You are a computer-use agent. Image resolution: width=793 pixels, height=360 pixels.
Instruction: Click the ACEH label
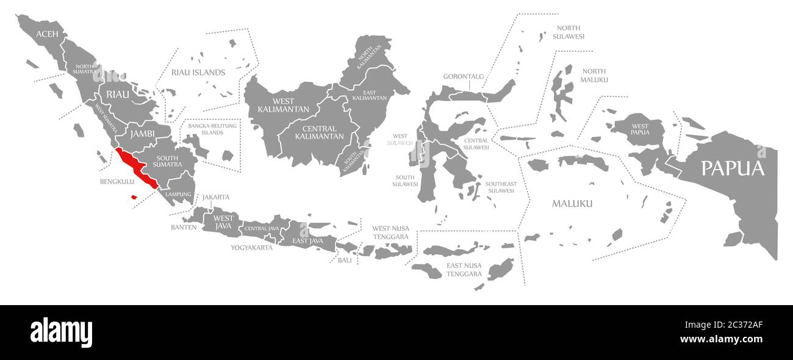[47, 34]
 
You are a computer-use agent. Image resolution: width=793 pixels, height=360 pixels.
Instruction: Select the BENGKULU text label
[117, 182]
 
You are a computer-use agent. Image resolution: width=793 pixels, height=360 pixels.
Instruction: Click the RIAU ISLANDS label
[198, 73]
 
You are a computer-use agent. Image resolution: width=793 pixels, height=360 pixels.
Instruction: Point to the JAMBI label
[142, 133]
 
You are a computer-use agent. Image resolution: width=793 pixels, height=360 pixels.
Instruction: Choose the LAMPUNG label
[178, 194]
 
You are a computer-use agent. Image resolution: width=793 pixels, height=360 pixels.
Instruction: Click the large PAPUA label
[732, 168]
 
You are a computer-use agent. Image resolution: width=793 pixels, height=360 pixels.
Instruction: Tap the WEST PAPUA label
[640, 129]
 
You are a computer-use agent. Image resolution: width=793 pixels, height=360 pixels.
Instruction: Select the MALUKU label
[572, 203]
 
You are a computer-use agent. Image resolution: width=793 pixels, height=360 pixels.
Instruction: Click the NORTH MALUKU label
[594, 76]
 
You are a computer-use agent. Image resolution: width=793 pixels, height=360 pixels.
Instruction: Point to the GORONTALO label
[463, 77]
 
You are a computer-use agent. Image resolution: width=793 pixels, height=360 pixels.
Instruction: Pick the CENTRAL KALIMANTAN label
[319, 132]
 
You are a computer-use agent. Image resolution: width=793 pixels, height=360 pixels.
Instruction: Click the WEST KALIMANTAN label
[275, 105]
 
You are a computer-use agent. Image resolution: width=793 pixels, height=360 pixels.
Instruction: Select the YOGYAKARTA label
[251, 248]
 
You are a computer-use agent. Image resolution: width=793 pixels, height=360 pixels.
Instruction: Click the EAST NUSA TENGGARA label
[464, 270]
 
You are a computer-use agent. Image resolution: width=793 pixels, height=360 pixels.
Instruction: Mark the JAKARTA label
[216, 197]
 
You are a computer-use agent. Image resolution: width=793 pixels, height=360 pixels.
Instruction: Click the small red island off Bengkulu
[134, 196]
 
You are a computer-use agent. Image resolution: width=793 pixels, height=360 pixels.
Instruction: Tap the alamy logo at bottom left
[61, 333]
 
